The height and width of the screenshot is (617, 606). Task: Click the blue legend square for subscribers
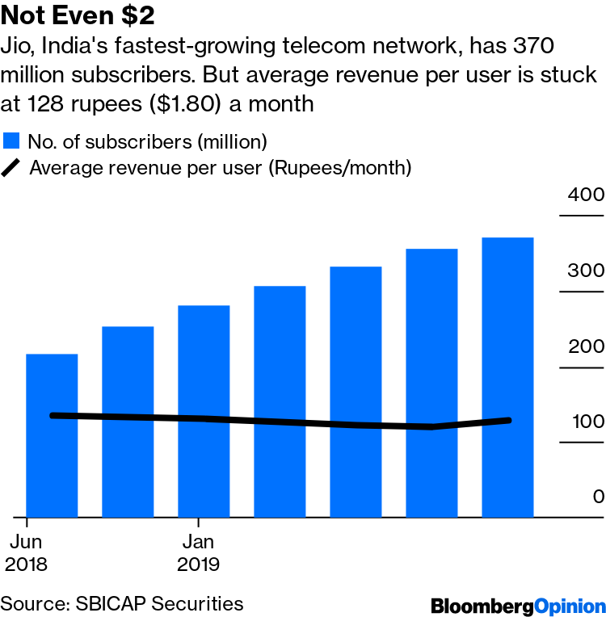(11, 141)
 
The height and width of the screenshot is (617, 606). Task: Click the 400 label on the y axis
(585, 195)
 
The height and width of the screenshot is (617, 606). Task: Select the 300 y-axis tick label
(585, 271)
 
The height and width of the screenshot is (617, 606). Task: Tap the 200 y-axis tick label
(585, 346)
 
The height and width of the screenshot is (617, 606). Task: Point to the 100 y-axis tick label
(585, 422)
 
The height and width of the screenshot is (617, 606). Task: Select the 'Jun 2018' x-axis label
(26, 552)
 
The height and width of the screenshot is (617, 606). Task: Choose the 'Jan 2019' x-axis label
(199, 552)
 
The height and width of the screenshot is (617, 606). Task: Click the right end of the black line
(509, 420)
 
